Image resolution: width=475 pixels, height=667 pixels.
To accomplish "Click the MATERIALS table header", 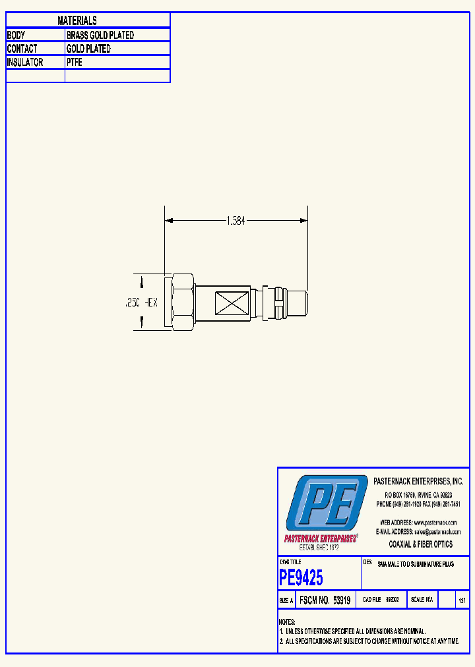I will pos(77,21).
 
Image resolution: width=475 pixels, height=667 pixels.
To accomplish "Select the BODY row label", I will pos(16,35).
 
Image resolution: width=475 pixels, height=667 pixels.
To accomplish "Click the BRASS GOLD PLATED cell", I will pos(100,35).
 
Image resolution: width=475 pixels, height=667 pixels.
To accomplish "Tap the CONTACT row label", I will pos(22,49).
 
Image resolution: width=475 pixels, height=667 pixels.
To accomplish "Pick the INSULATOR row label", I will pos(25,63).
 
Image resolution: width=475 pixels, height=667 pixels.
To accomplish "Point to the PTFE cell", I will pos(74,63).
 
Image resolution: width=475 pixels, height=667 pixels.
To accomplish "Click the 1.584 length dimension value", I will pos(236,221).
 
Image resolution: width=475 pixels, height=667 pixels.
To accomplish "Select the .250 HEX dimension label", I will pos(141,303).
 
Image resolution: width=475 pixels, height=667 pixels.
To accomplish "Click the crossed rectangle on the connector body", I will pos(230,303).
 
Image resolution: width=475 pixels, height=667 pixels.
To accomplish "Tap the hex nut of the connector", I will pos(181,302).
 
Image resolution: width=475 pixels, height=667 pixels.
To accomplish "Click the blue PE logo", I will pos(326,503).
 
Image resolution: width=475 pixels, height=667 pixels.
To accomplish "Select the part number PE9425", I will pos(301,578).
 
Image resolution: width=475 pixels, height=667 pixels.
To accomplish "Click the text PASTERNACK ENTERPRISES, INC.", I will pos(418,482).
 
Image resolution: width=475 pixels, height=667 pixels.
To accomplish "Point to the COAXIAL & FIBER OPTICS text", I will pos(420,544).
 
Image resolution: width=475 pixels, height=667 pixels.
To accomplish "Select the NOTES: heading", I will pos(287,622).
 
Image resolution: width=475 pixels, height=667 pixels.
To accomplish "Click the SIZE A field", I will pos(286,600).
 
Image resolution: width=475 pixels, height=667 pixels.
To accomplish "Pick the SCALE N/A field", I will pos(422,600).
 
